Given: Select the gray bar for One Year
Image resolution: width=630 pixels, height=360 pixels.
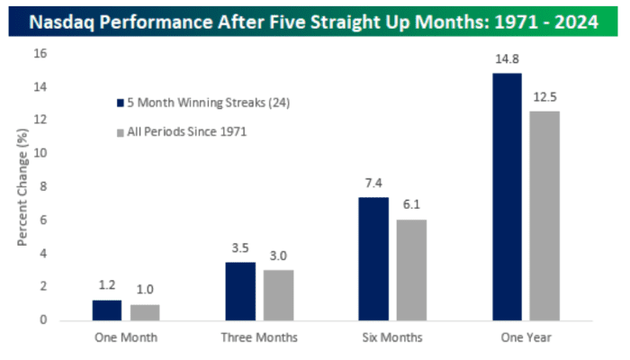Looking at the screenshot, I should pyautogui.click(x=544, y=215).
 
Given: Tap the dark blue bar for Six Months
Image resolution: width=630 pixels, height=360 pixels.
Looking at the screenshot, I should pyautogui.click(x=373, y=258).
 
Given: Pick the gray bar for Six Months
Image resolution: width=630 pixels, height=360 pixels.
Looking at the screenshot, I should pyautogui.click(x=411, y=269).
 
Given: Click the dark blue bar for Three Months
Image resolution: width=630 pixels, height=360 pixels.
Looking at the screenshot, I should pyautogui.click(x=240, y=291).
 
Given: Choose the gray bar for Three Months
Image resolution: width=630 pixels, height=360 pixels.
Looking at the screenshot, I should pyautogui.click(x=278, y=294).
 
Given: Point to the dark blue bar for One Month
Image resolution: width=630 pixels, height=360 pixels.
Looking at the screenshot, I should pyautogui.click(x=107, y=310).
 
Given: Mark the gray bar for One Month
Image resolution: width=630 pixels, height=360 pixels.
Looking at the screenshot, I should pyautogui.click(x=145, y=311).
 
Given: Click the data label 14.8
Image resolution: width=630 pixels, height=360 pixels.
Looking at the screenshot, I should pyautogui.click(x=507, y=61).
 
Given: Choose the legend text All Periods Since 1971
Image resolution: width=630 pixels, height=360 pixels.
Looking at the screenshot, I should pyautogui.click(x=188, y=132).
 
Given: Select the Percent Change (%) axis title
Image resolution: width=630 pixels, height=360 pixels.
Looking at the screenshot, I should pyautogui.click(x=22, y=187).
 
